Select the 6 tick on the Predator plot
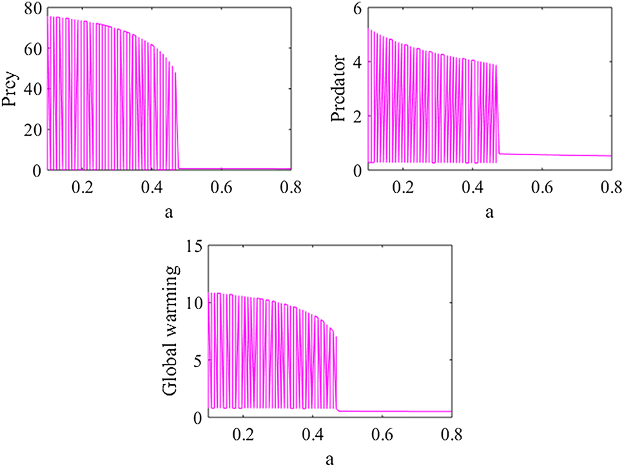click(355, 8)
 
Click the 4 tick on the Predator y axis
click(355, 62)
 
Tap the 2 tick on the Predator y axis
click(355, 117)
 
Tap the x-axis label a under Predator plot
click(489, 211)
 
